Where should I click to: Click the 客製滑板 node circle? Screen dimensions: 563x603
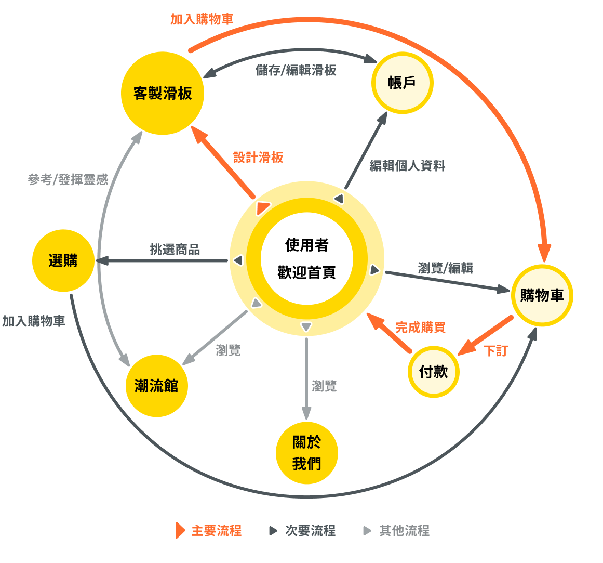(163, 94)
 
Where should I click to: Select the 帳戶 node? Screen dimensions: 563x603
(402, 83)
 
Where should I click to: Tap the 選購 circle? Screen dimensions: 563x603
(63, 260)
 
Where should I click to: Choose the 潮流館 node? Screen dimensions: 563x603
(156, 386)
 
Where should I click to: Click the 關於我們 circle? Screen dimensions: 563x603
(306, 453)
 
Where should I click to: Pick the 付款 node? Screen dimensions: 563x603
(433, 372)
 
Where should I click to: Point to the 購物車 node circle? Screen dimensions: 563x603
(542, 295)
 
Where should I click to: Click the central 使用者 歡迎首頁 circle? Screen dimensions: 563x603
(306, 258)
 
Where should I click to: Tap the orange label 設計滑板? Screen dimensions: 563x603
(258, 158)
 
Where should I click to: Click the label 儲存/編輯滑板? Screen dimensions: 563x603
(296, 70)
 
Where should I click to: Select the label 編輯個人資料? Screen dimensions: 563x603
(407, 166)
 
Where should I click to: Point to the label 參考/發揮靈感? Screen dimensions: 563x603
(68, 179)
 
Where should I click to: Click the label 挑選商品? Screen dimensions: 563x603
(175, 250)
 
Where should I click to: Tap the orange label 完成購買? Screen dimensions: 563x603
(420, 328)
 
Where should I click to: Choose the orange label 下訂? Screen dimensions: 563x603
(495, 351)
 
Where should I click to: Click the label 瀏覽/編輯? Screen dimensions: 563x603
(446, 268)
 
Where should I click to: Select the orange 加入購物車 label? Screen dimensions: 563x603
(202, 19)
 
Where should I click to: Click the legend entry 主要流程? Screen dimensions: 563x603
(216, 531)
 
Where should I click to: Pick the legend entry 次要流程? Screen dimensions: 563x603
(310, 531)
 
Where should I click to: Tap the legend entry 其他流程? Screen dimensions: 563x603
(404, 531)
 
